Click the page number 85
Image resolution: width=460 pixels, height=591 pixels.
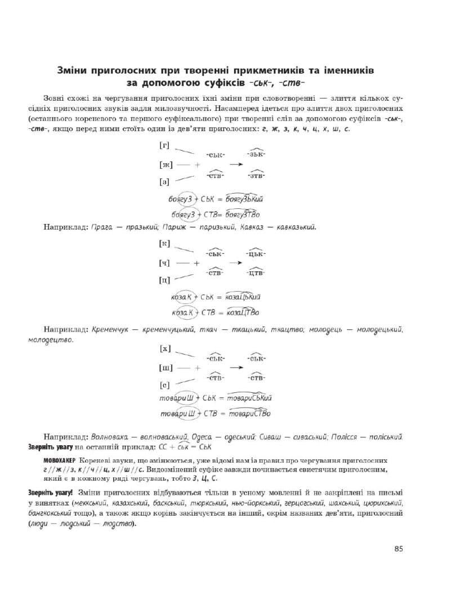[x=399, y=549]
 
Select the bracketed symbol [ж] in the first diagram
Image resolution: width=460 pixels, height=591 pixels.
[x=166, y=165]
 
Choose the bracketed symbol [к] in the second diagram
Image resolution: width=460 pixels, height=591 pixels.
[x=165, y=244]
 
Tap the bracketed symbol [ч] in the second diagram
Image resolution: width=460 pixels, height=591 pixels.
[x=166, y=262]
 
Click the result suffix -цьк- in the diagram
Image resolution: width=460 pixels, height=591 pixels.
[x=256, y=253]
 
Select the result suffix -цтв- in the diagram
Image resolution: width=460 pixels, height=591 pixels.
[x=256, y=274]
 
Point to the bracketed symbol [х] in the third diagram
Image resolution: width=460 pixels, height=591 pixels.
[x=165, y=348]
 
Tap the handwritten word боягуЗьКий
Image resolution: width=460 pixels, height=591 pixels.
[x=244, y=199]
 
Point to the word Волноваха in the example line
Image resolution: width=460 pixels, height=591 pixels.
[x=110, y=437]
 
